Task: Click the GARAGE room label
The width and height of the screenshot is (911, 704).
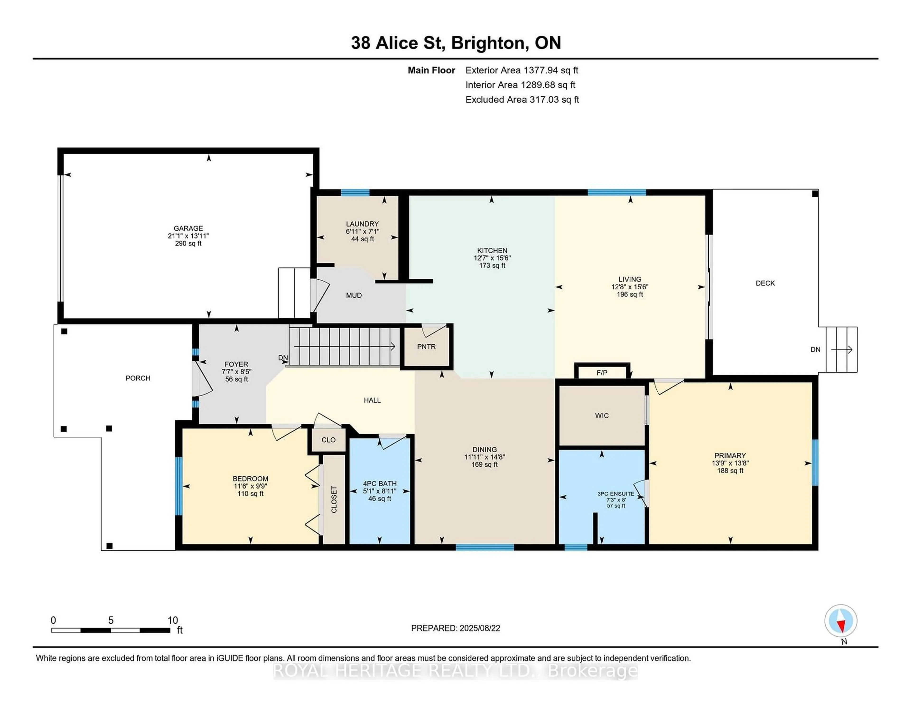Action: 188,228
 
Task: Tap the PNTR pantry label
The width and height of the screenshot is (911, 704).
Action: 426,347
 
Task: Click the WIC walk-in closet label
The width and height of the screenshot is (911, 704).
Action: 602,416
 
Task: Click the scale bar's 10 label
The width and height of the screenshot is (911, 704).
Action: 173,620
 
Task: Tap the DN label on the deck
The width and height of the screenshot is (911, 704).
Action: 815,350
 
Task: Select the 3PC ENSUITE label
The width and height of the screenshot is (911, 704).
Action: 616,494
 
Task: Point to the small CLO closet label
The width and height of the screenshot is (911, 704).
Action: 329,440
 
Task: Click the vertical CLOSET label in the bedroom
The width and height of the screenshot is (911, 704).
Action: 334,500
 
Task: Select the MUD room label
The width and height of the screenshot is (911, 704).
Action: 354,296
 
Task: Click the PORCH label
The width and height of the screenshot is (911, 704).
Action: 138,378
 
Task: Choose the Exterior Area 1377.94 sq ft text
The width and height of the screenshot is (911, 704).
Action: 522,70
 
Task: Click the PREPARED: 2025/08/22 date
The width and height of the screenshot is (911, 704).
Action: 455,628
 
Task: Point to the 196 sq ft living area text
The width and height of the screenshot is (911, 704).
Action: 630,295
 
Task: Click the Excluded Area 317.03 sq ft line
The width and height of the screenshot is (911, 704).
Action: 522,99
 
